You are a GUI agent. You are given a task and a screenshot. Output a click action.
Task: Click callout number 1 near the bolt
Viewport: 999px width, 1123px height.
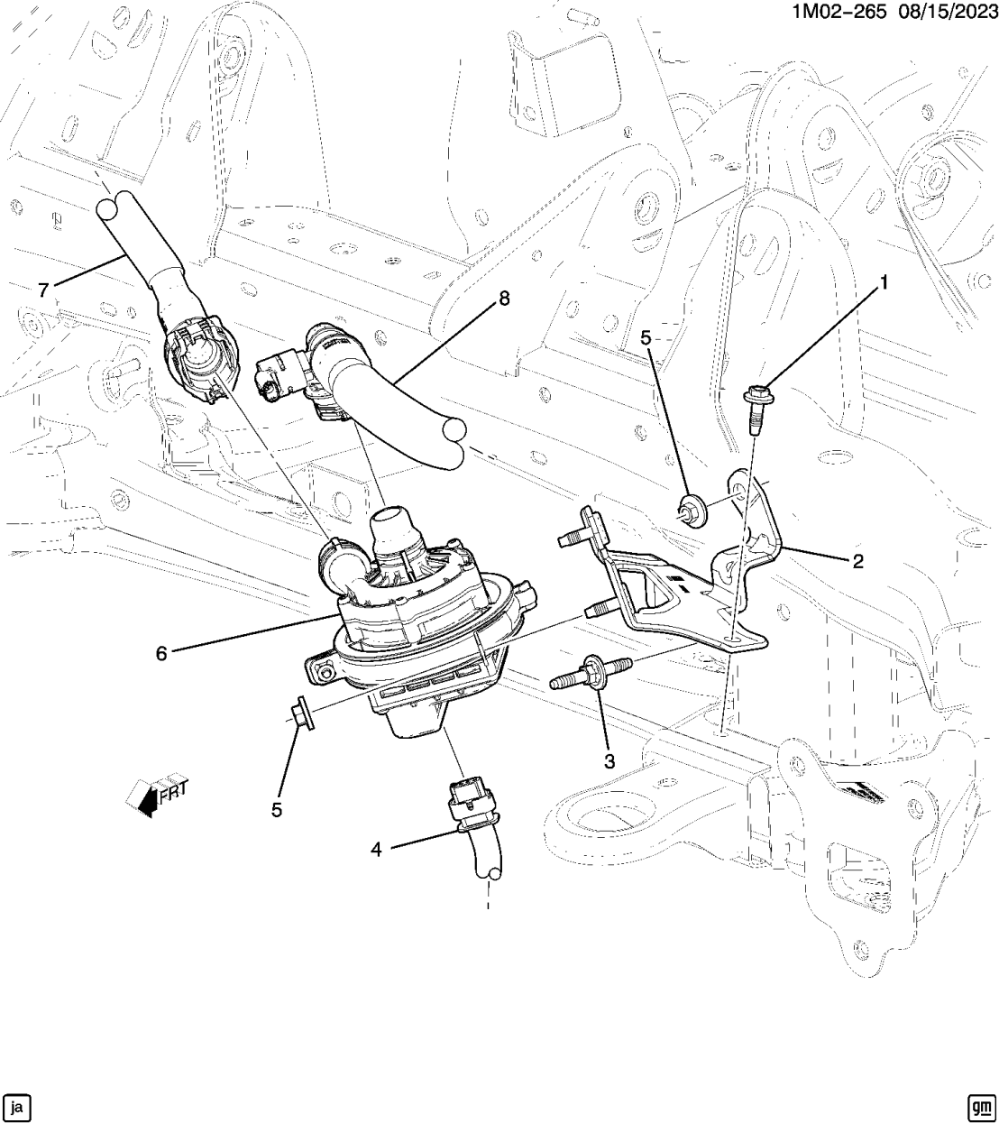(884, 283)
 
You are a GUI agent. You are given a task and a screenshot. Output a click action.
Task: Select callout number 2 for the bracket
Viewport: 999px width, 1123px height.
(857, 561)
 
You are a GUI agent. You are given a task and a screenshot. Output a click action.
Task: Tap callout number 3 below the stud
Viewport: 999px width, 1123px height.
(609, 760)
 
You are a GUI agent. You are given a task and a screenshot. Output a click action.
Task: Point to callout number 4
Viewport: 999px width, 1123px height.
(377, 849)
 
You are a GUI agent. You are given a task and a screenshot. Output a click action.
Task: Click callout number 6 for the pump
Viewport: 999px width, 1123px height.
(161, 653)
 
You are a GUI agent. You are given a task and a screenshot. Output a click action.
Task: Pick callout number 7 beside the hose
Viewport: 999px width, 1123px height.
(42, 290)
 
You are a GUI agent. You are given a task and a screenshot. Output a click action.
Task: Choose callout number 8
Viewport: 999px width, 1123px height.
(503, 299)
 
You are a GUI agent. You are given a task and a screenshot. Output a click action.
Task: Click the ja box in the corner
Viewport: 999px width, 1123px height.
(18, 1105)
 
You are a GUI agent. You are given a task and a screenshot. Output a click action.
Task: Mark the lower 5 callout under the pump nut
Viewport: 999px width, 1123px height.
(277, 809)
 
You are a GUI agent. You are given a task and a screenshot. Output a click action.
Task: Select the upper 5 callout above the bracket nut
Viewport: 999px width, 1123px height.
(646, 338)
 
